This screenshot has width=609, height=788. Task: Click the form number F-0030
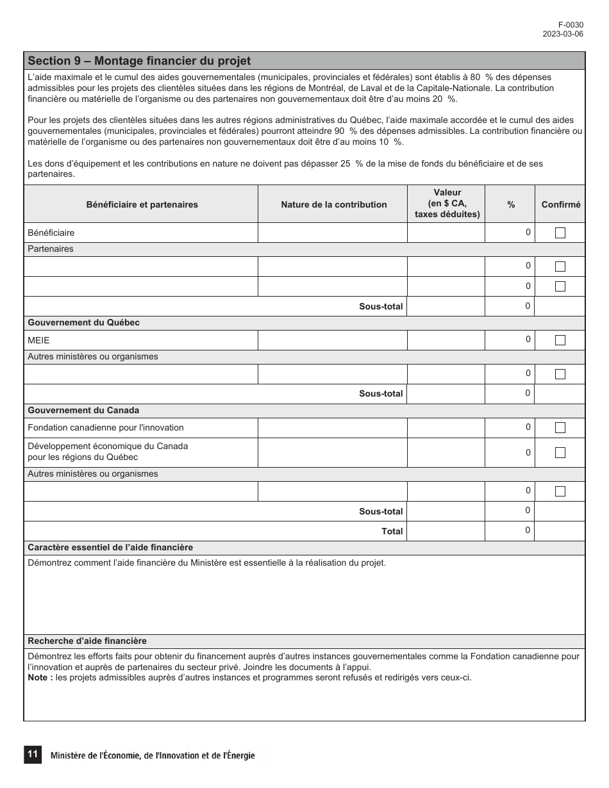pyautogui.click(x=571, y=25)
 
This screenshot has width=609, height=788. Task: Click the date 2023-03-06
pyautogui.click(x=563, y=35)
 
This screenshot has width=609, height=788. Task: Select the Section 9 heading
pyautogui.click(x=139, y=61)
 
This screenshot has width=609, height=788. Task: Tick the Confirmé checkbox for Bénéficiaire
pyautogui.click(x=560, y=233)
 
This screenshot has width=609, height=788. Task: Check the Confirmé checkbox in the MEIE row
pyautogui.click(x=560, y=340)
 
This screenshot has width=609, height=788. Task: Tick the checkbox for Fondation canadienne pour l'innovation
pyautogui.click(x=560, y=428)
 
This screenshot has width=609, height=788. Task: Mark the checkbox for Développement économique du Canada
pyautogui.click(x=560, y=453)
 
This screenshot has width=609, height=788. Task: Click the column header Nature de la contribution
pyautogui.click(x=333, y=205)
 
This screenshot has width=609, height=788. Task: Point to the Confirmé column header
pyautogui.click(x=560, y=205)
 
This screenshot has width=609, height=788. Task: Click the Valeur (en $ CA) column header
pyautogui.click(x=447, y=204)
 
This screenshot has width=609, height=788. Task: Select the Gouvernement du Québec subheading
pyautogui.click(x=83, y=323)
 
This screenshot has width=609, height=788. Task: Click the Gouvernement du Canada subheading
pyautogui.click(x=83, y=411)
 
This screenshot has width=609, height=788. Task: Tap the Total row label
pyautogui.click(x=392, y=531)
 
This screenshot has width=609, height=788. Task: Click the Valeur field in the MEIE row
pyautogui.click(x=446, y=340)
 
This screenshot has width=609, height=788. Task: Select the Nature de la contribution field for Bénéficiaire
pyautogui.click(x=332, y=233)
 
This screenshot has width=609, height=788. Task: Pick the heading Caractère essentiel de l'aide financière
pyautogui.click(x=110, y=548)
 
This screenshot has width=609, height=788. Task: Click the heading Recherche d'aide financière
pyautogui.click(x=87, y=641)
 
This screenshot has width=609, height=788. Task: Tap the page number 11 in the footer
pyautogui.click(x=32, y=755)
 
